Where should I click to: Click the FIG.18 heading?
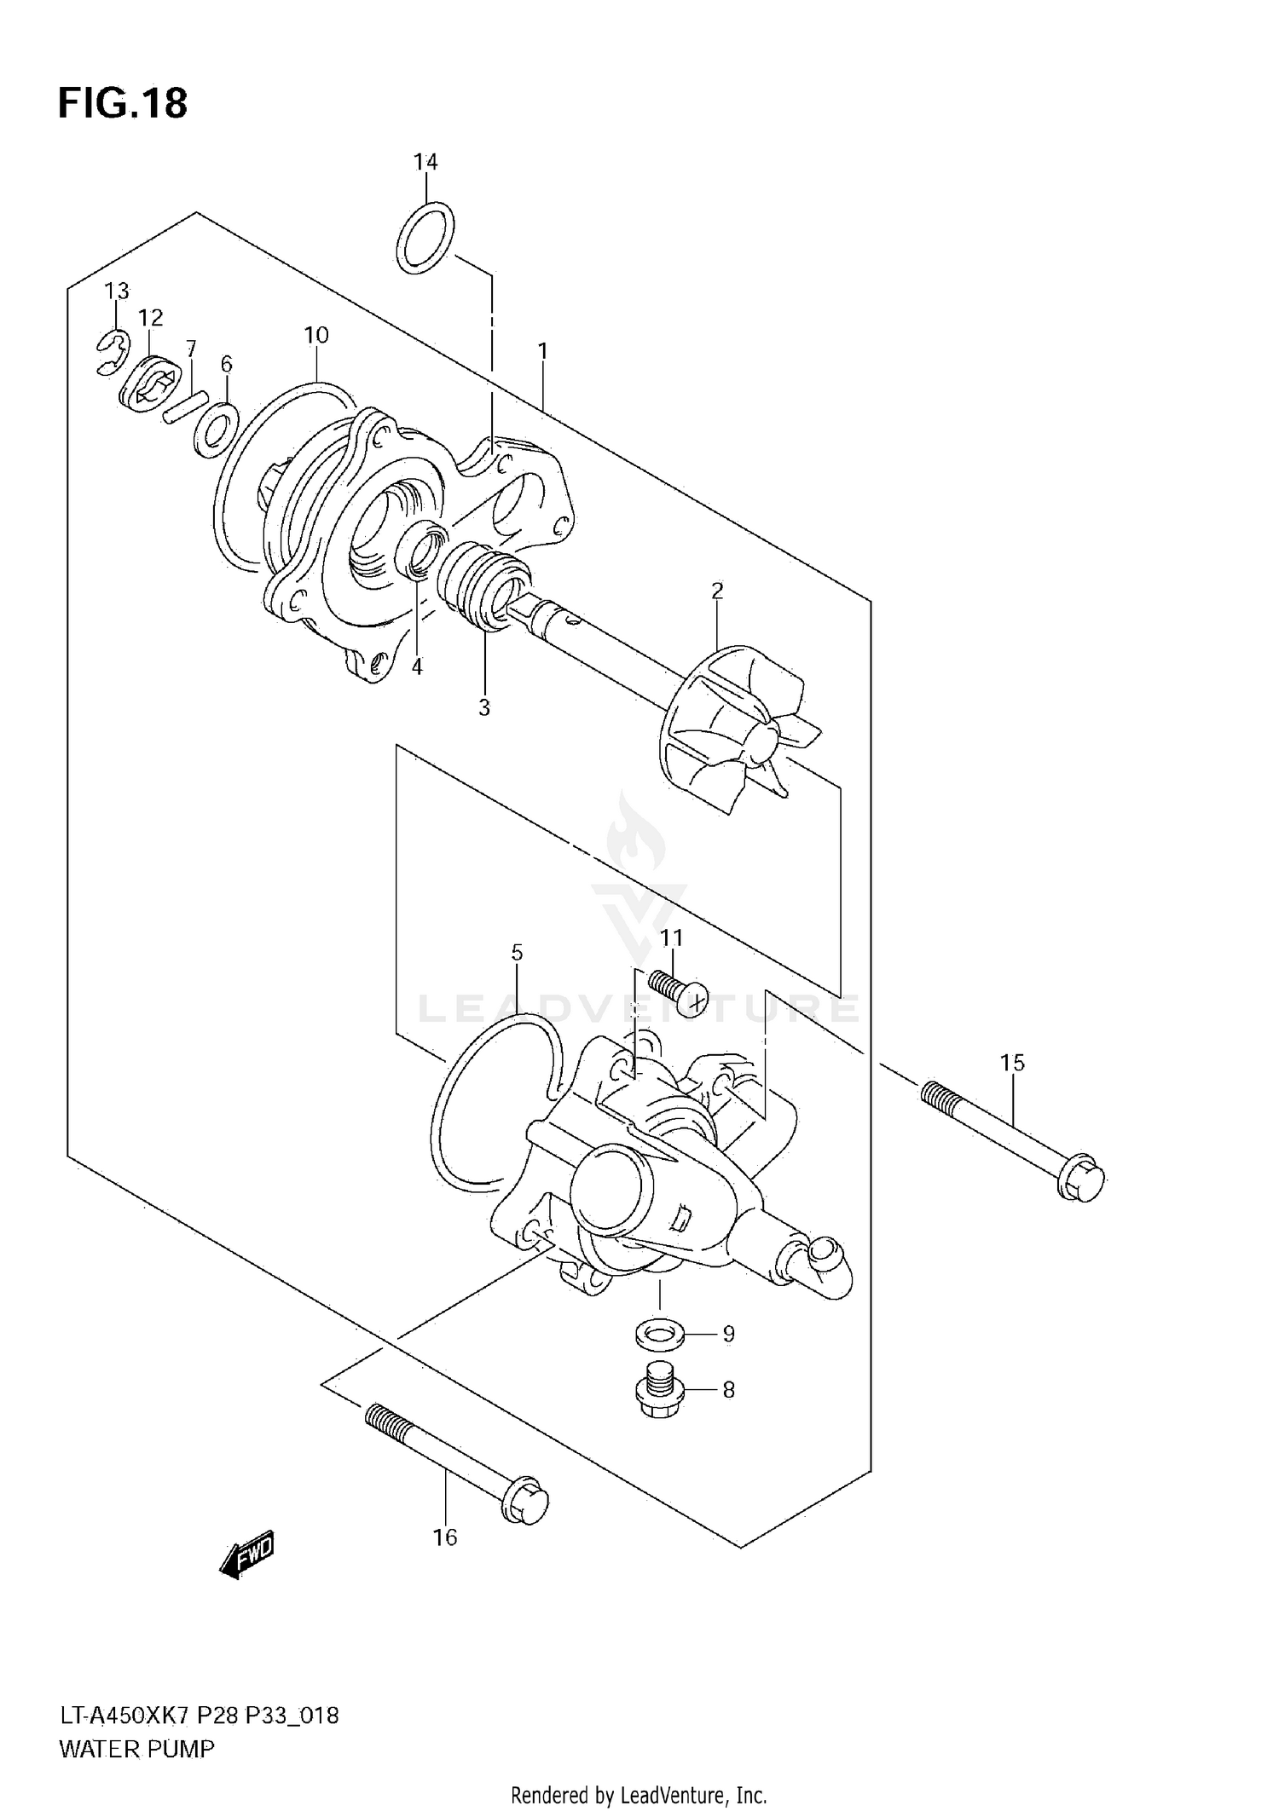coord(123,104)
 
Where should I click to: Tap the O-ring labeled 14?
coord(425,238)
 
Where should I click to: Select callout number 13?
coord(117,291)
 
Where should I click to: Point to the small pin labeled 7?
coord(186,404)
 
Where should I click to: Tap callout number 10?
coord(316,336)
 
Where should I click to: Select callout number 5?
coord(517,953)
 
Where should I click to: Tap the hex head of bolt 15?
coord(1081,1178)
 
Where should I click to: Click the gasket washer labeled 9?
coord(659,1334)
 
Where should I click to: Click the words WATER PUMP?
coord(136,1749)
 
